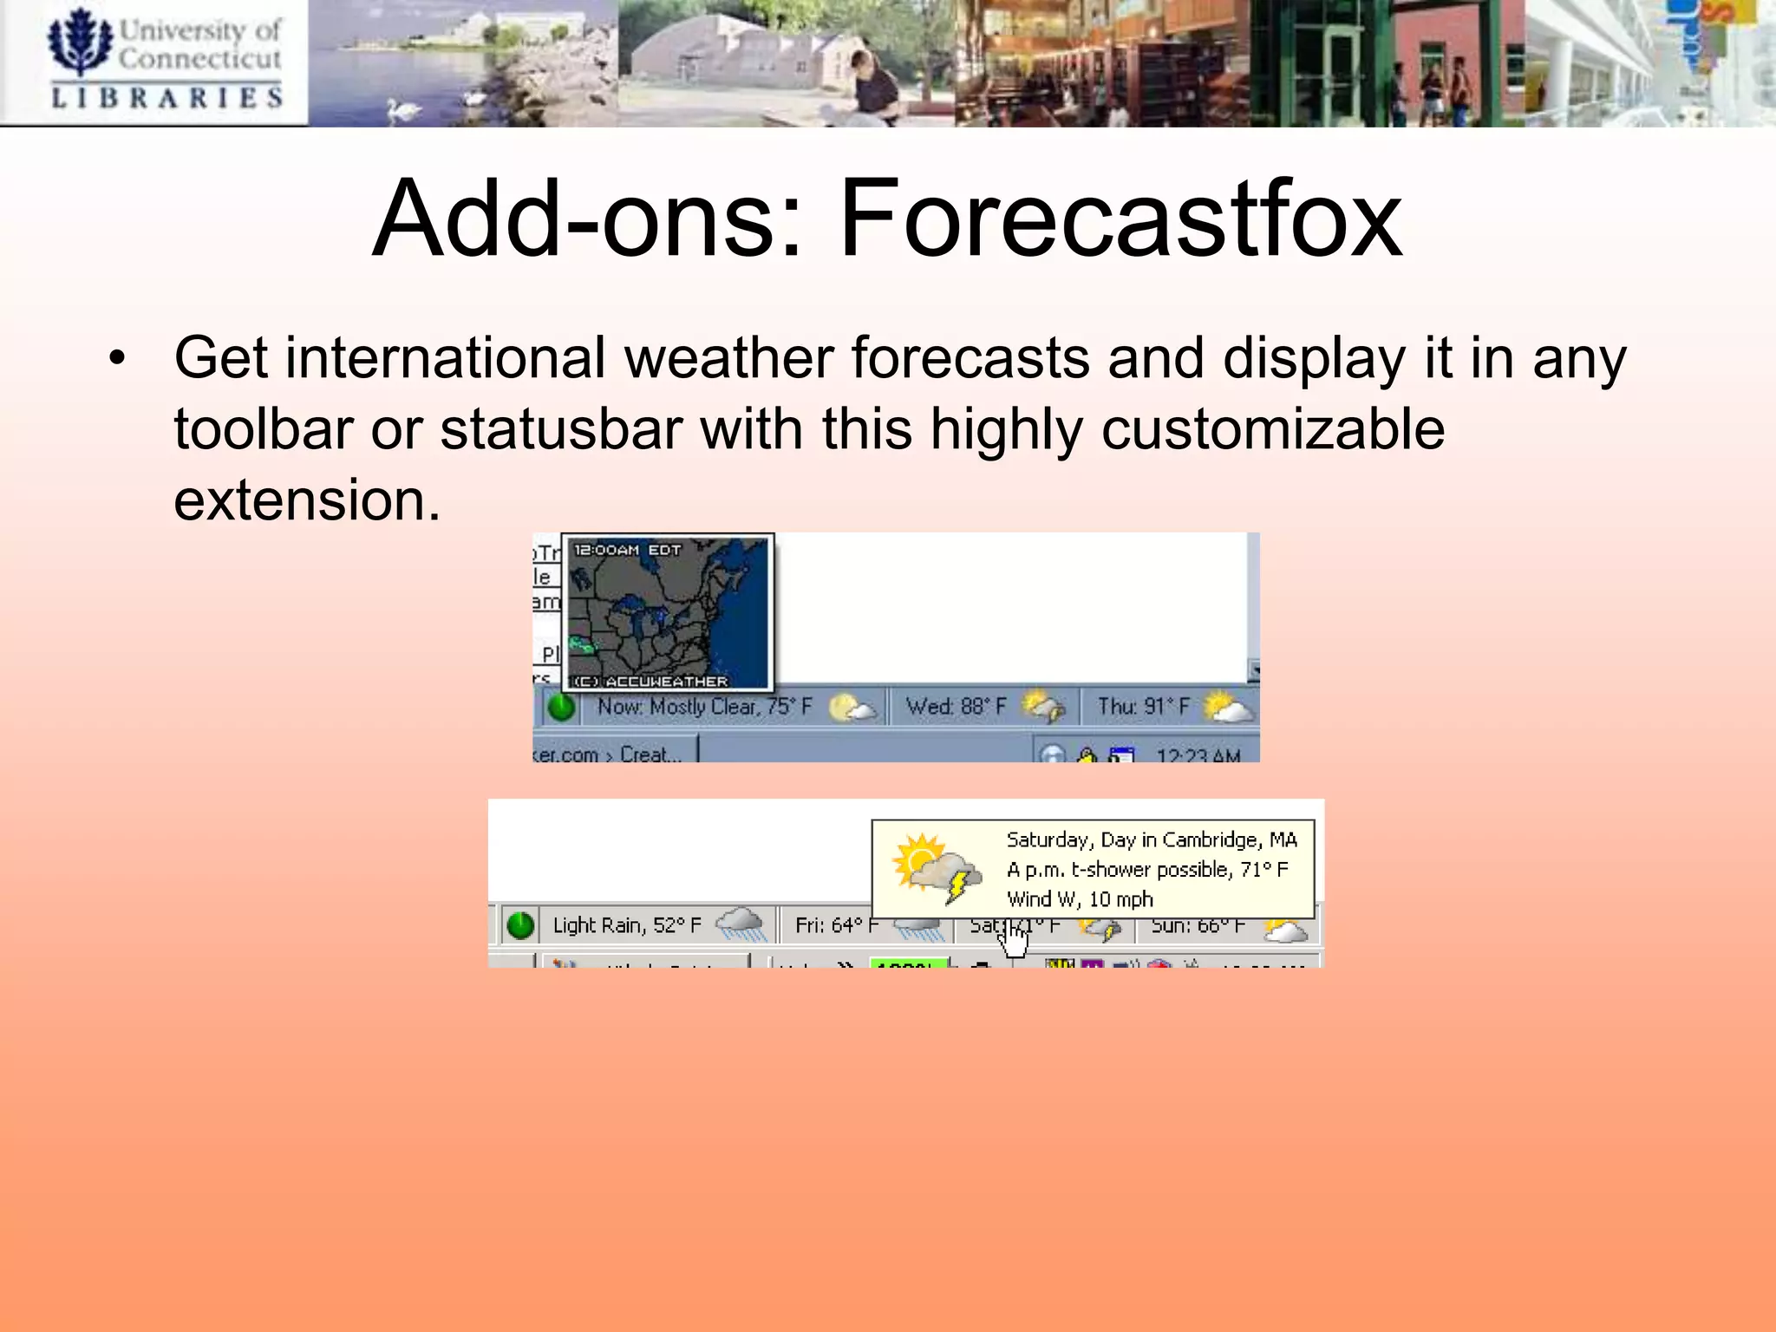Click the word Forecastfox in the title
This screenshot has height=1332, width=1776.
pos(1120,219)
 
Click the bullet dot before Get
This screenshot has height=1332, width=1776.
pos(118,357)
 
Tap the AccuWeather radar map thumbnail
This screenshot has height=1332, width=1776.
pos(668,612)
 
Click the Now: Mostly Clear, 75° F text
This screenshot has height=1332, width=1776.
pos(704,707)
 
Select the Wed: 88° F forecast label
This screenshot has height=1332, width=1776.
pos(956,707)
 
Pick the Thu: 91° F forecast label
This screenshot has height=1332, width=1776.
pos(1143,707)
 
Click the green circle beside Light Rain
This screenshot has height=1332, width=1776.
pos(520,925)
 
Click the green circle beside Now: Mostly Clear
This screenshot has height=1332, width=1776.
pos(562,708)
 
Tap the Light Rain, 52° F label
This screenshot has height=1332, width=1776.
pos(627,925)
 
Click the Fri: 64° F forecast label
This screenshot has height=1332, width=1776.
pos(836,926)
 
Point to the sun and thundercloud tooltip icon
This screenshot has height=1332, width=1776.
pos(937,868)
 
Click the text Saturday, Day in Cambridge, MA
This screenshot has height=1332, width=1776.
pos(1151,839)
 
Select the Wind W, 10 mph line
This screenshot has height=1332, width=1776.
pos(1080,899)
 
